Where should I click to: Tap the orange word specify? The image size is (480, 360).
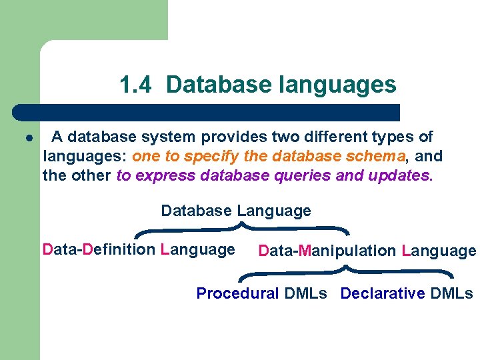click(x=193, y=157)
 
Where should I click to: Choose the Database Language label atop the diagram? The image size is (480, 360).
click(x=236, y=211)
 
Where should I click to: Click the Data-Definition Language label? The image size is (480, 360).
click(x=139, y=250)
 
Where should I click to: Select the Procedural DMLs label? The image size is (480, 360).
click(x=261, y=294)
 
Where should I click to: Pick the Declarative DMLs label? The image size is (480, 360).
click(x=407, y=294)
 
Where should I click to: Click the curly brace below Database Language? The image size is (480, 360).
click(x=242, y=229)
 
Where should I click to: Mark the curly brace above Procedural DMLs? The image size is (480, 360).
click(x=346, y=271)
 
